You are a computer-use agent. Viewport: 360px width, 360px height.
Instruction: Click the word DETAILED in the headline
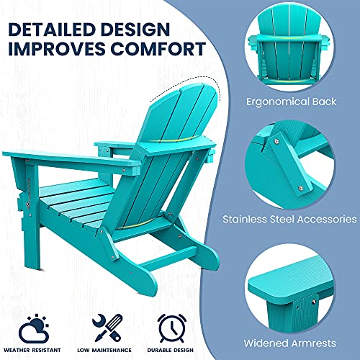pos(50,30)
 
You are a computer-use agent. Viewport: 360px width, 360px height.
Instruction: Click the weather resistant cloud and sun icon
pos(34,328)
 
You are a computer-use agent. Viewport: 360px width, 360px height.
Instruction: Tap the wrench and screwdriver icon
pos(107,328)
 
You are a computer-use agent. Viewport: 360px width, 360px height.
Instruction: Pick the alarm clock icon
pos(171,328)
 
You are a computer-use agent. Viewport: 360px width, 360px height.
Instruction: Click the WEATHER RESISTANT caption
pos(32,350)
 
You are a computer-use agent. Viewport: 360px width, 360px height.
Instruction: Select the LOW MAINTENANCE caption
pos(104,350)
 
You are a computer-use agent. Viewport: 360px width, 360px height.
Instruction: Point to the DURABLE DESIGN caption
pos(171,350)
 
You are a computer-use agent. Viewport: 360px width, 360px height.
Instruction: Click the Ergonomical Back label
pos(291,102)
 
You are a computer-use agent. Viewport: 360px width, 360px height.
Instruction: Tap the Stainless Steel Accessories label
pos(289,219)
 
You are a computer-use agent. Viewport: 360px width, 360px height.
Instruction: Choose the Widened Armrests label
pos(289,343)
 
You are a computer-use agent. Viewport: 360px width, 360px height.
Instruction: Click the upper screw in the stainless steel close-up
pos(276,141)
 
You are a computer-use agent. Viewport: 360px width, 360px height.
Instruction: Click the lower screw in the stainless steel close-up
pos(300,188)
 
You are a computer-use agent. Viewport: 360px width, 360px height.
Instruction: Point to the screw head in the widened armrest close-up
pos(314,302)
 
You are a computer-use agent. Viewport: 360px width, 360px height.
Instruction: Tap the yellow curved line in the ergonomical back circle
pos(290,38)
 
